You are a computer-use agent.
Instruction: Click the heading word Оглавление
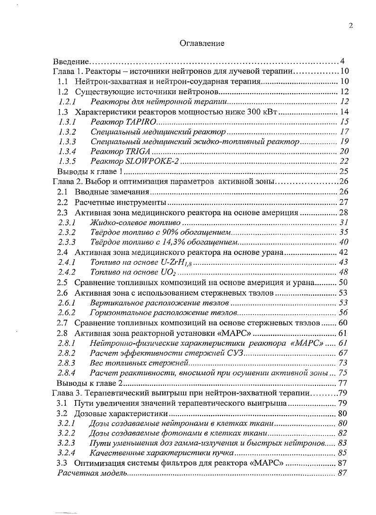202,43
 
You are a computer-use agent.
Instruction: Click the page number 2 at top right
350,26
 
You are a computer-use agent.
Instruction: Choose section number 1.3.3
68,141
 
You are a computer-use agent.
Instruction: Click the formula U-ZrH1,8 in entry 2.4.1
173,262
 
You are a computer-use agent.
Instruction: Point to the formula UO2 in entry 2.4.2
168,272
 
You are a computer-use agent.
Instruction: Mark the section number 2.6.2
67,312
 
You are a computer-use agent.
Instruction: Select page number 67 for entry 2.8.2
343,352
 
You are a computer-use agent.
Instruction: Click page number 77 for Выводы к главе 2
343,383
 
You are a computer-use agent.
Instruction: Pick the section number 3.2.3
67,443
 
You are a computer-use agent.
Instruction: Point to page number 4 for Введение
342,61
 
